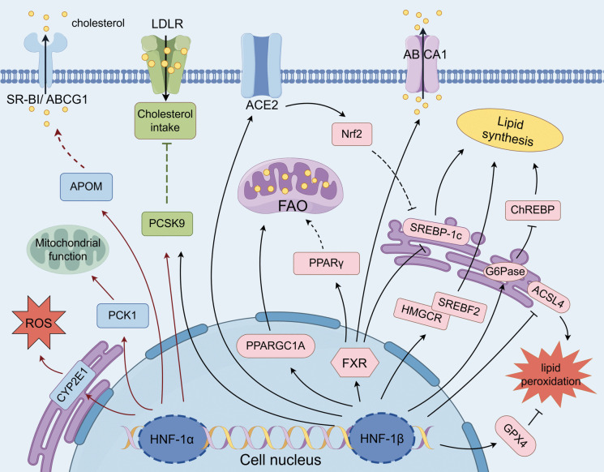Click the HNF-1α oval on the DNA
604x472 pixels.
[x=172, y=438]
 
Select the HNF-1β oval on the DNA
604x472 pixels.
[x=382, y=438]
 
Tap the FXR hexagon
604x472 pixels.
[x=355, y=363]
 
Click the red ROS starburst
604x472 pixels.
[x=39, y=322]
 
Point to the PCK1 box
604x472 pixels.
[x=122, y=315]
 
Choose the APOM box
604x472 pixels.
[x=86, y=187]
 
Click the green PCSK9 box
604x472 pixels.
[x=167, y=224]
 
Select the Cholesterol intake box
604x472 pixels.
[x=165, y=121]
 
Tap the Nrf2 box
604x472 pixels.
[x=352, y=134]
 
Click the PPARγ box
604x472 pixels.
[x=326, y=263]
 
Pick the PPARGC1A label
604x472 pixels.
[x=276, y=345]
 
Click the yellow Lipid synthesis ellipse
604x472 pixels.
[x=509, y=131]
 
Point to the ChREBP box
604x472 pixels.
[x=533, y=210]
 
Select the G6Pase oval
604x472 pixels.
[x=505, y=272]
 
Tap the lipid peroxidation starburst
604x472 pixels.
[x=550, y=375]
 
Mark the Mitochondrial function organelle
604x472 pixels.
[x=68, y=250]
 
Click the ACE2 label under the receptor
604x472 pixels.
[x=262, y=105]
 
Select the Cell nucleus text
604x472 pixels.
[x=281, y=460]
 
